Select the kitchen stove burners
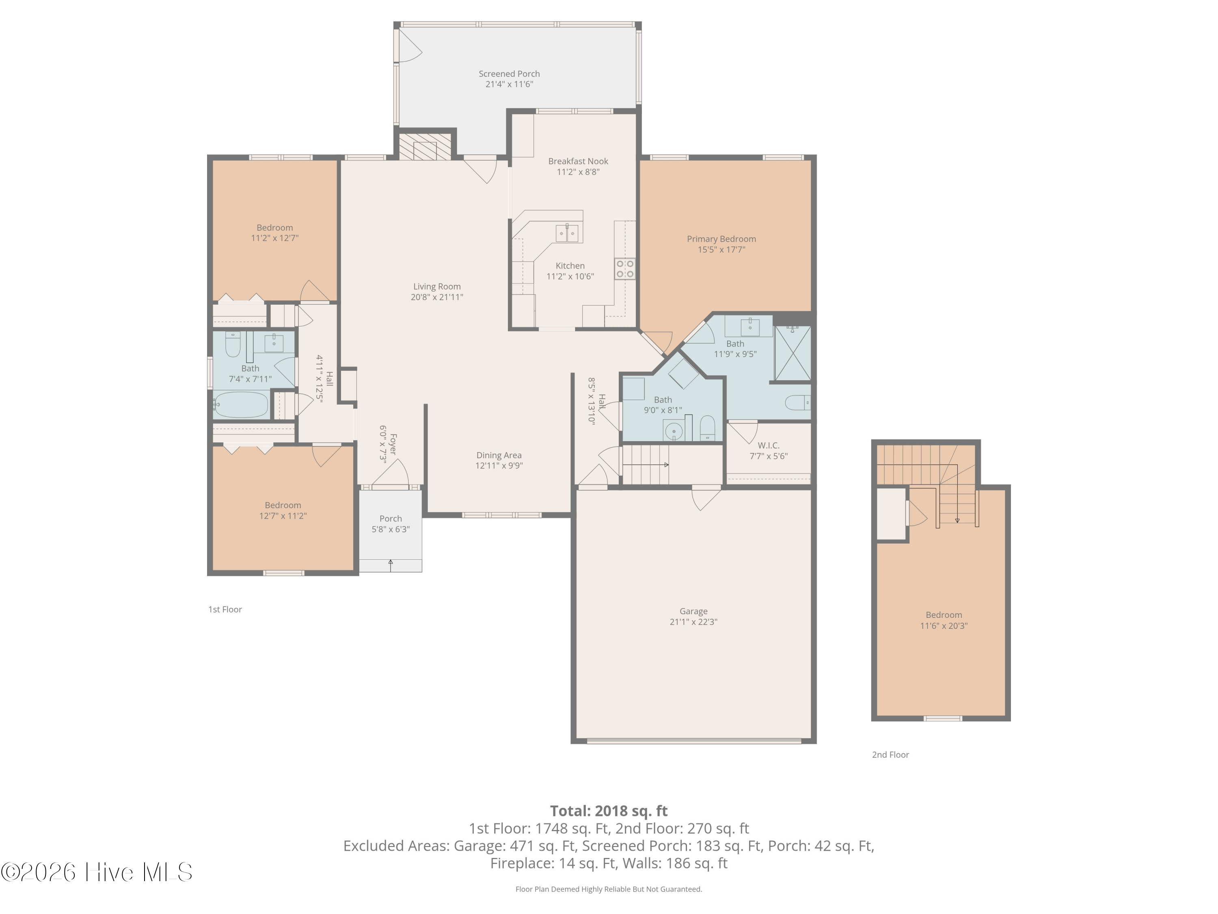pyautogui.click(x=625, y=269)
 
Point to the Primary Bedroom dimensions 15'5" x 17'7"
pyautogui.click(x=721, y=249)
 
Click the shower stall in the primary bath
pyautogui.click(x=793, y=353)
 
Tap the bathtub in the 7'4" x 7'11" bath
pyautogui.click(x=241, y=405)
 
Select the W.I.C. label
pyautogui.click(x=768, y=445)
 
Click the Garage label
pyautogui.click(x=693, y=611)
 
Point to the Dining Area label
pyautogui.click(x=499, y=455)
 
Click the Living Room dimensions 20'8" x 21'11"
pyautogui.click(x=436, y=297)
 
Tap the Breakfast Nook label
pyautogui.click(x=578, y=161)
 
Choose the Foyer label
pyautogui.click(x=393, y=444)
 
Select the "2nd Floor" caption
pyautogui.click(x=890, y=755)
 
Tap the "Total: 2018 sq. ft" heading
pyautogui.click(x=609, y=811)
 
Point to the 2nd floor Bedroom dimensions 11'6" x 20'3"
pyautogui.click(x=944, y=626)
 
